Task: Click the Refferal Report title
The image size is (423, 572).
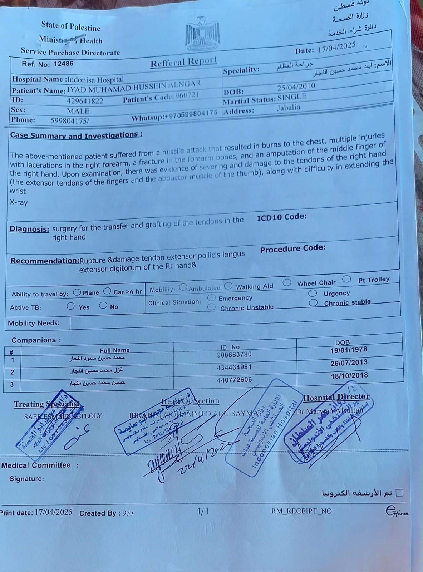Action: pos(183,62)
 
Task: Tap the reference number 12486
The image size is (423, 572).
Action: pos(63,64)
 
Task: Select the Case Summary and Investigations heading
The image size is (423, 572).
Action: pos(76,135)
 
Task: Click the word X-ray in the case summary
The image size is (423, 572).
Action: pos(19,202)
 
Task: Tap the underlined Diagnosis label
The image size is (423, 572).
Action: pos(29,229)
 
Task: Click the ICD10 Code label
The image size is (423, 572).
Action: pos(281,217)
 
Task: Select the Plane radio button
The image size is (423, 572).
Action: pos(77,292)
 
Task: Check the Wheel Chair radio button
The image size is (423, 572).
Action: pos(287,283)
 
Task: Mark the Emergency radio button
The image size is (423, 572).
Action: pos(212,298)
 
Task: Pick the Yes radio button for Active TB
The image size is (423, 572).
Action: pos(71,306)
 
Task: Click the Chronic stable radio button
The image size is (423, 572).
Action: pos(313,303)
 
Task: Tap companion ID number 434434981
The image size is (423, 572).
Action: pos(234,367)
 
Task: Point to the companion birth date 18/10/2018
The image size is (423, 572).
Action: pos(349,376)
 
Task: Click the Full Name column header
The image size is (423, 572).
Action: pos(114,350)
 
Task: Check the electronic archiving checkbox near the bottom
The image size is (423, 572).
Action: pos(400,493)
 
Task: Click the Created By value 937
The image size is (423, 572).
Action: pos(128,513)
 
